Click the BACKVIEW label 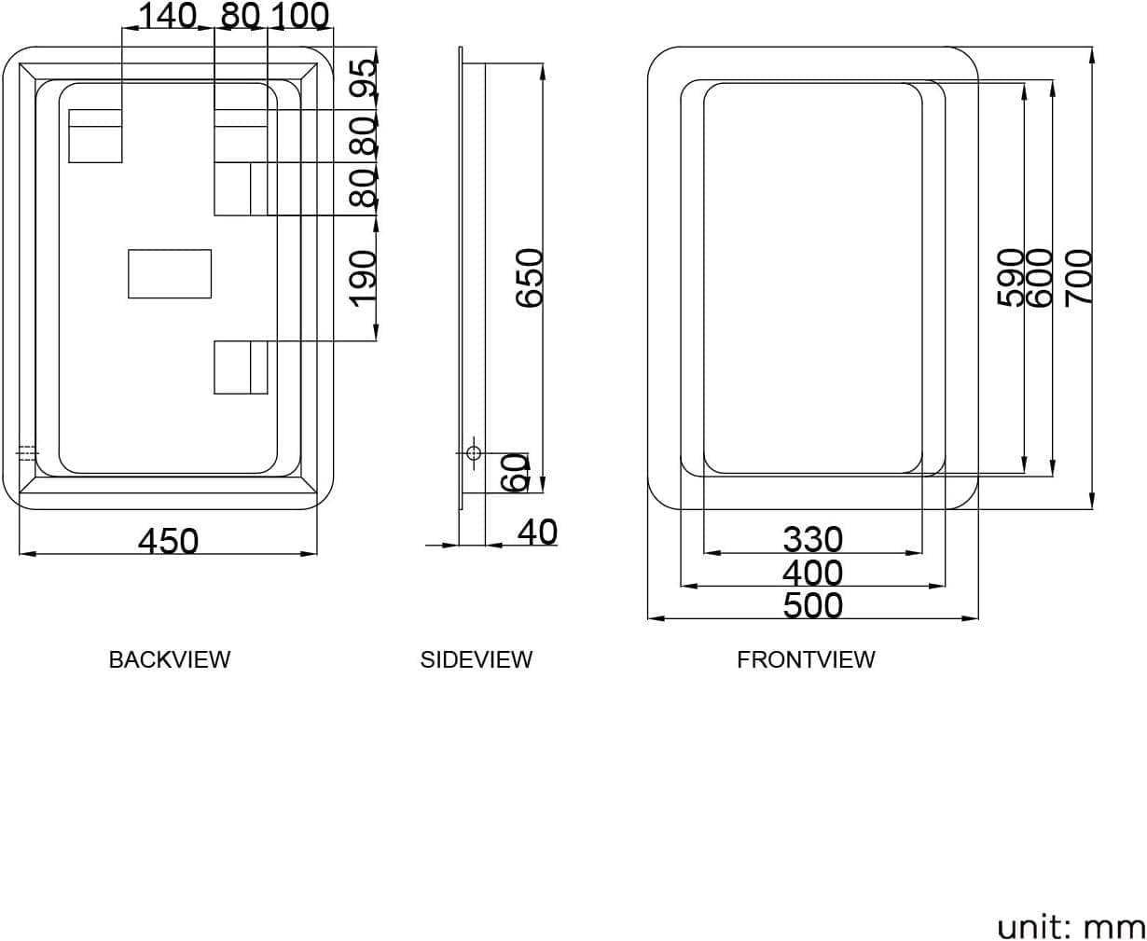pyautogui.click(x=169, y=659)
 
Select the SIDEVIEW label pyautogui.click(x=476, y=659)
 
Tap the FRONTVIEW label pyautogui.click(x=806, y=659)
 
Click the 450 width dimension pyautogui.click(x=169, y=540)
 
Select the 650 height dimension pyautogui.click(x=530, y=277)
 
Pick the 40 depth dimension pyautogui.click(x=537, y=532)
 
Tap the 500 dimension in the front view pyautogui.click(x=812, y=605)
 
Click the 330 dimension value pyautogui.click(x=812, y=539)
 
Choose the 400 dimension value pyautogui.click(x=812, y=573)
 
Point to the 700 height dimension pyautogui.click(x=1078, y=277)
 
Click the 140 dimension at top pyautogui.click(x=168, y=15)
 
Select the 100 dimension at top pyautogui.click(x=299, y=15)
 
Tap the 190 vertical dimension pyautogui.click(x=364, y=276)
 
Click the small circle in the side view pyautogui.click(x=473, y=453)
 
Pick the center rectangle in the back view pyautogui.click(x=170, y=274)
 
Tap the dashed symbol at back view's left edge pyautogui.click(x=27, y=453)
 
